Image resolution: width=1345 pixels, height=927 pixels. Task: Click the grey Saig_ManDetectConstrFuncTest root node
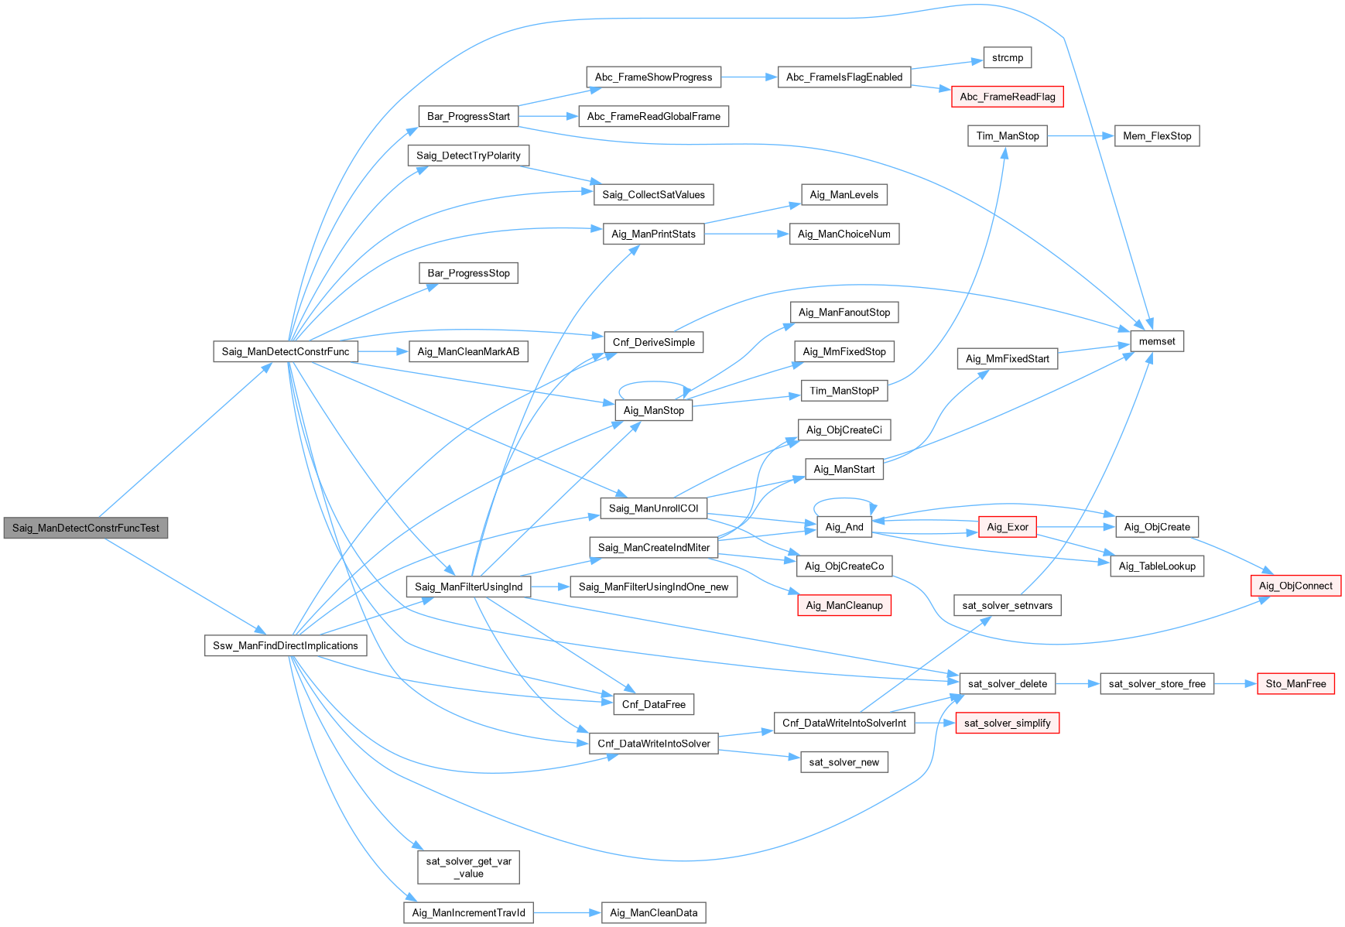(x=86, y=528)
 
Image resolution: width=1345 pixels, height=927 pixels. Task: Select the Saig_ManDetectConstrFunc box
(x=286, y=351)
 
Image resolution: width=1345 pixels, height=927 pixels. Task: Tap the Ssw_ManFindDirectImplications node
(x=286, y=645)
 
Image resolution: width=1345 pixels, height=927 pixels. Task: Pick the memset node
(x=1157, y=341)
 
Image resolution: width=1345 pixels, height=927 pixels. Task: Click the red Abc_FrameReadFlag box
(x=1007, y=97)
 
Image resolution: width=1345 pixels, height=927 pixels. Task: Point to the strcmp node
(x=1007, y=58)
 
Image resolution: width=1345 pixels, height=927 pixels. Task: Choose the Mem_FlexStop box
(x=1157, y=136)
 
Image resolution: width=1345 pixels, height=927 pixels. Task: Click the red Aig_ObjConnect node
(x=1295, y=586)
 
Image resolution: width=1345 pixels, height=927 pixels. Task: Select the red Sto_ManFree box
(x=1295, y=683)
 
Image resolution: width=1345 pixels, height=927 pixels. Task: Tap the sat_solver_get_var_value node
(x=468, y=867)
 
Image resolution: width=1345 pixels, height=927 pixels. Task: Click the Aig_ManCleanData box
(x=653, y=912)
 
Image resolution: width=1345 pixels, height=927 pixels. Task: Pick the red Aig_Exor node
(x=1007, y=527)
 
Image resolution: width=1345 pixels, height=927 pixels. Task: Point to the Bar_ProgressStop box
(x=468, y=273)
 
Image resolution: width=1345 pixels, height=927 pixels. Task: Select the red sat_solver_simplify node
(x=1007, y=723)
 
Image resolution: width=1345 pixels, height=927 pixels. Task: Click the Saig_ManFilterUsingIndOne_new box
(x=653, y=587)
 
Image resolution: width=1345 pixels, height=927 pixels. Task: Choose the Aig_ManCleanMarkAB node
(x=468, y=351)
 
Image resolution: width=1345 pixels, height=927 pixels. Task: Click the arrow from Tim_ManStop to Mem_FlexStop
(x=1080, y=136)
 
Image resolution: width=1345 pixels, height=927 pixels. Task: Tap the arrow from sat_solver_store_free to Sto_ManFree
(x=1235, y=683)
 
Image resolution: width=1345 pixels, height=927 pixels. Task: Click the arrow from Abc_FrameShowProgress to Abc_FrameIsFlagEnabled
(x=749, y=77)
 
